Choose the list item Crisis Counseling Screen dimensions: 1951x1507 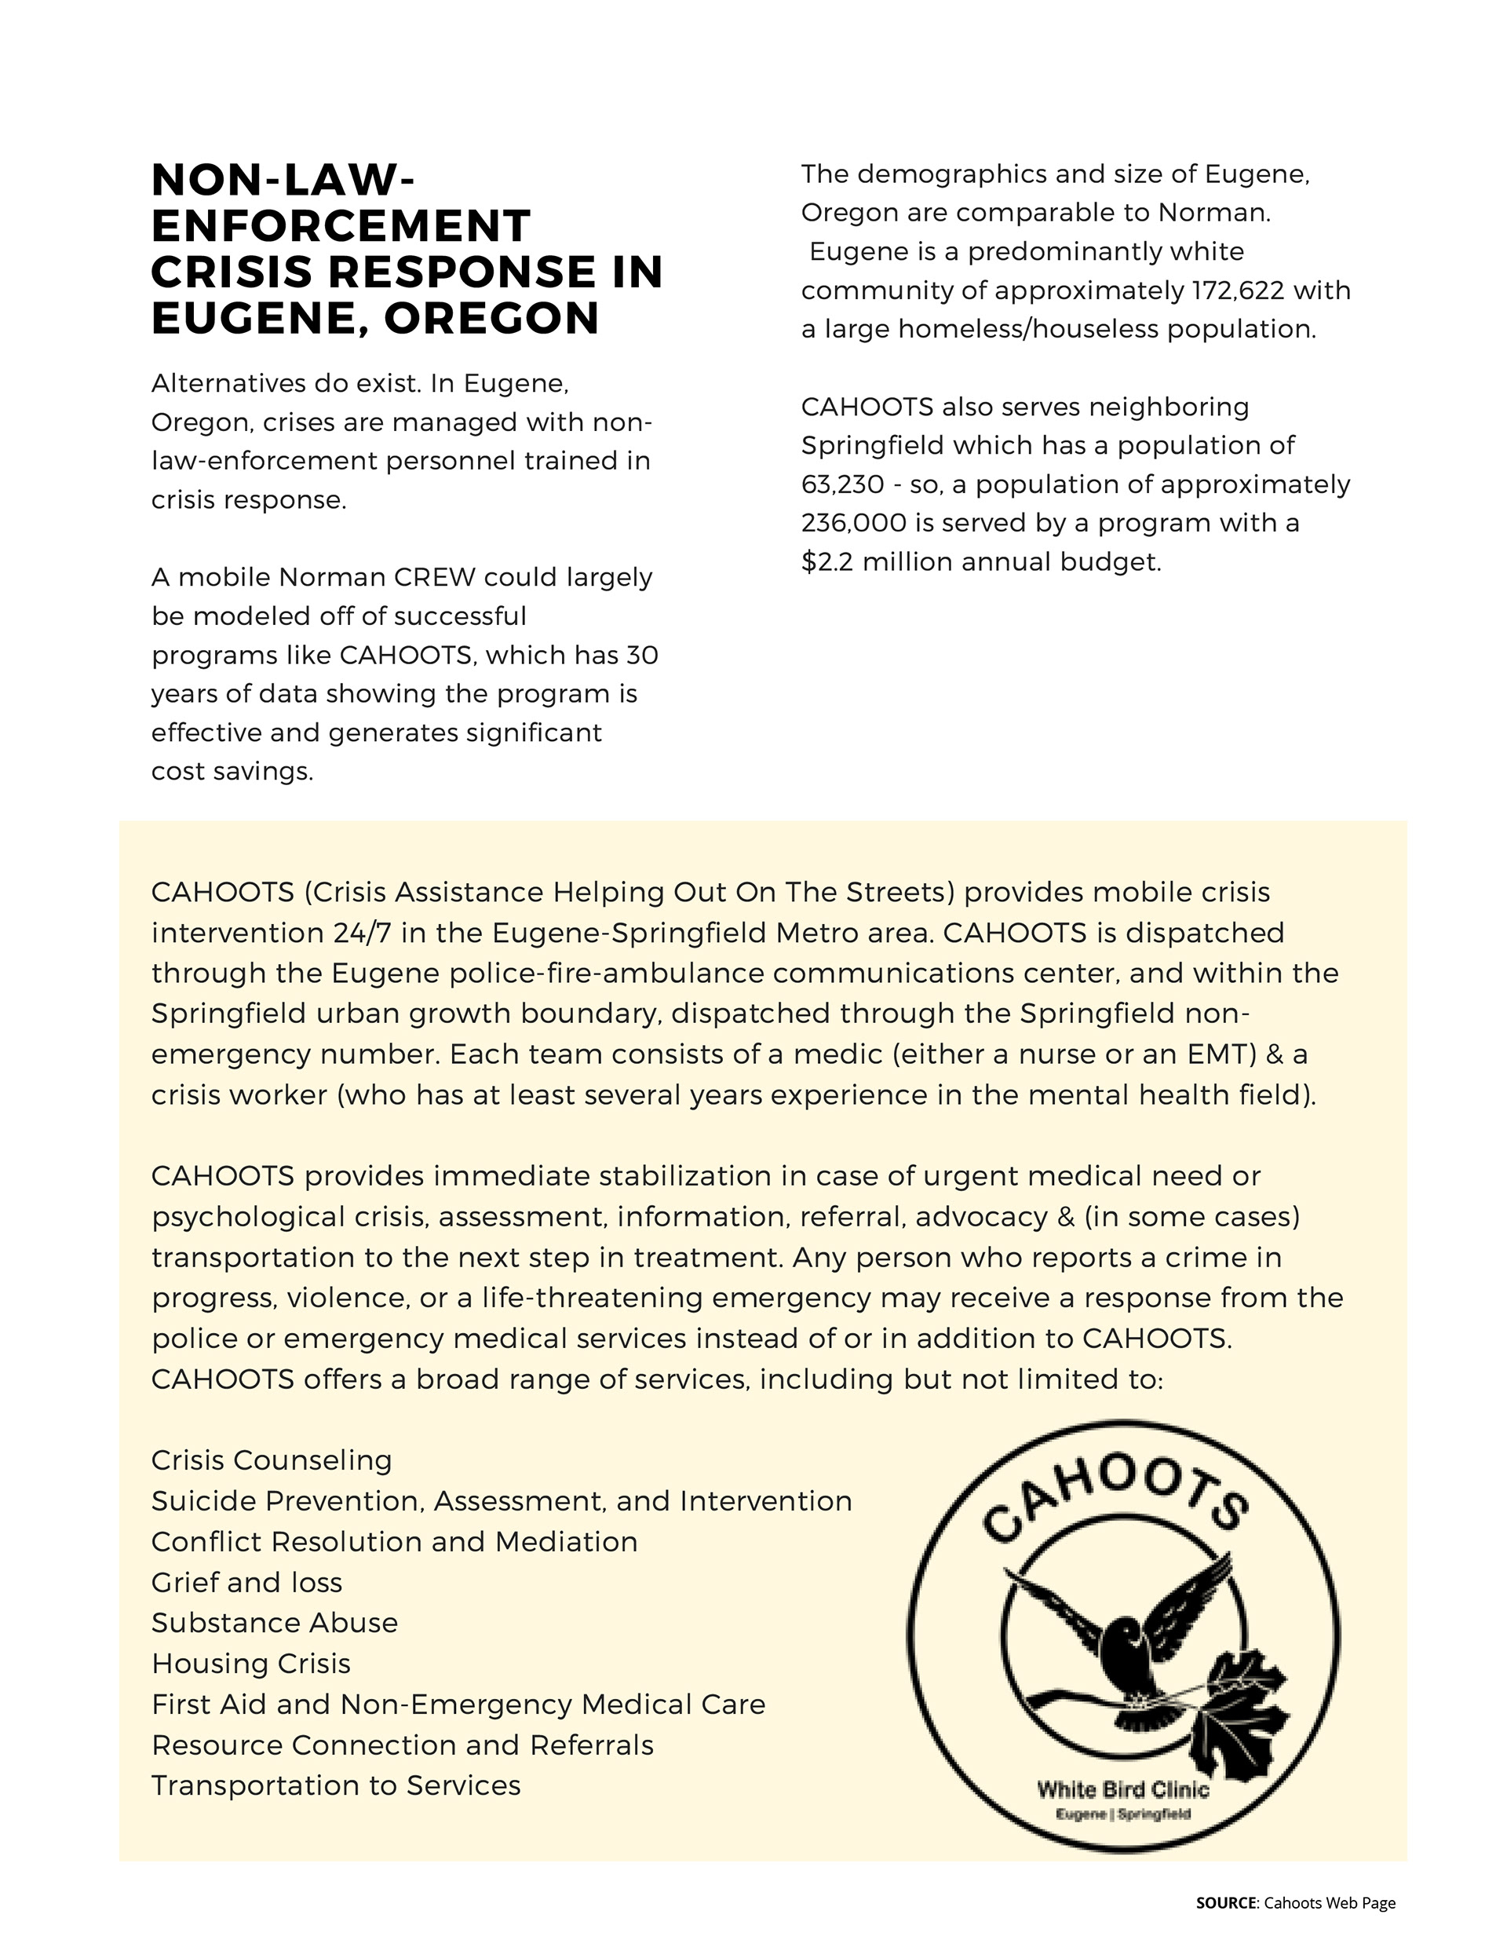coord(272,1460)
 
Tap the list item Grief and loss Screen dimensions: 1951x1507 coord(246,1583)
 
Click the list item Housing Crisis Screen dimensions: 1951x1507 coord(251,1664)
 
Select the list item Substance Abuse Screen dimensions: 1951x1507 coord(274,1623)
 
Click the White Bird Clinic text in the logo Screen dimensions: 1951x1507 coord(1123,1789)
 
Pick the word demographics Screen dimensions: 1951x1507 coord(952,174)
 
